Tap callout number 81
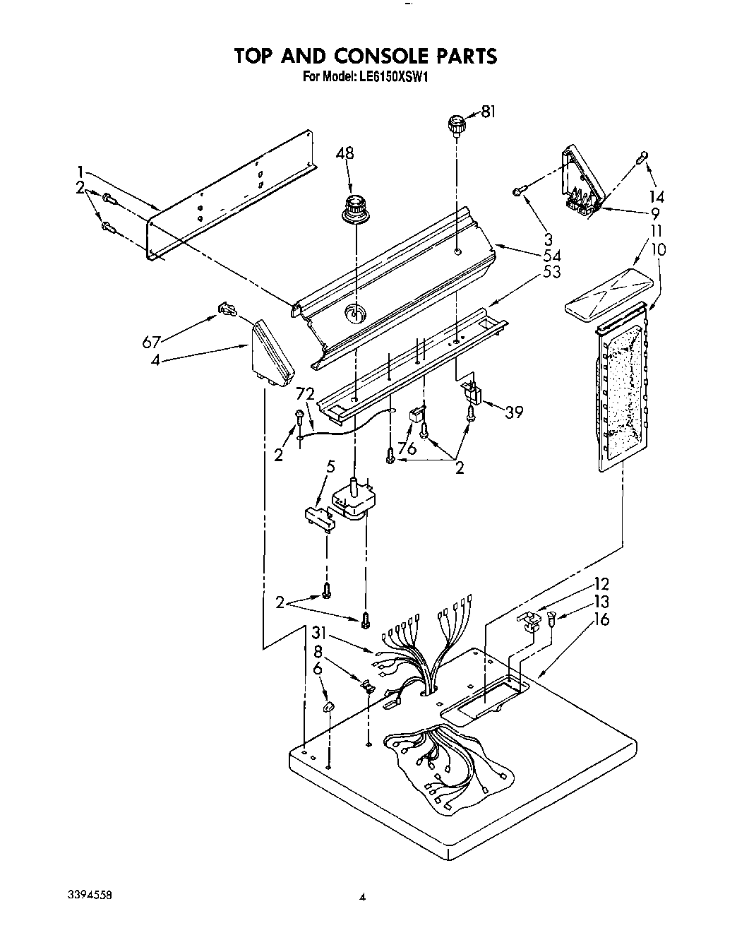(489, 110)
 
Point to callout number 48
(345, 153)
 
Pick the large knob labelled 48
(357, 210)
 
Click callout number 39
(514, 411)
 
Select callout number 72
(304, 393)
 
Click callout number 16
(602, 619)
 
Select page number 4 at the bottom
(362, 898)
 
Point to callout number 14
(656, 196)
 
